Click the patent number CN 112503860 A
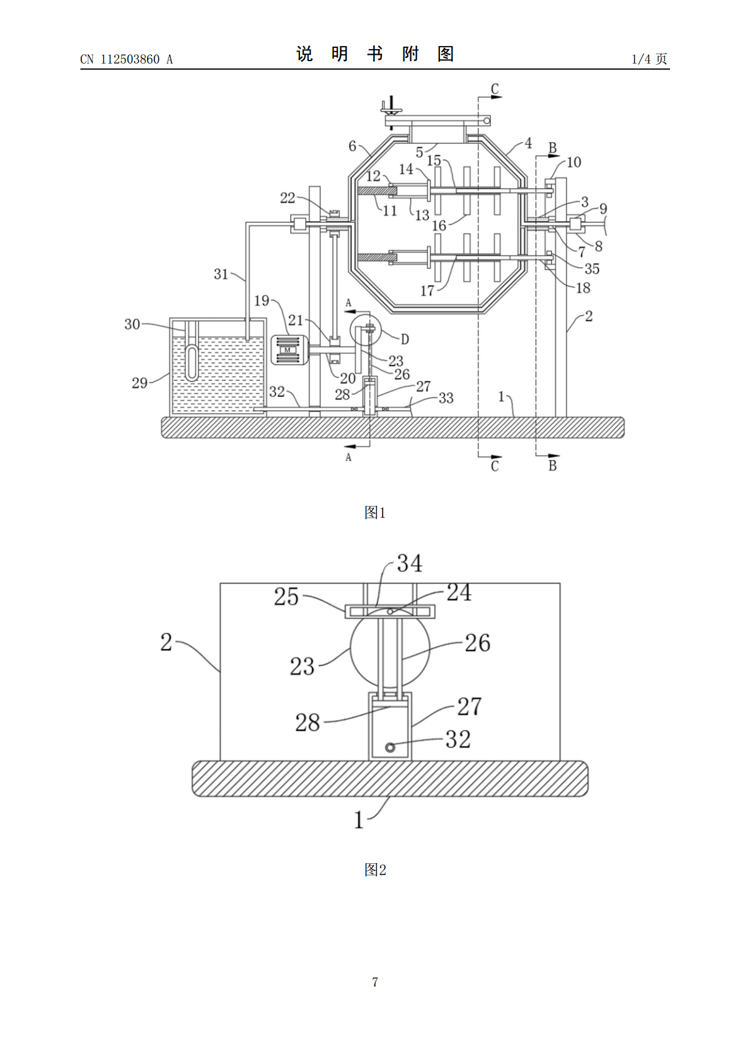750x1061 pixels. tap(126, 59)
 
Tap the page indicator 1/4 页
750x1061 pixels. tap(649, 59)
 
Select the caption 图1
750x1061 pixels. tap(375, 512)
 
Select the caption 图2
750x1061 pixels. tap(375, 869)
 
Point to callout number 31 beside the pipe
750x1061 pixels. tap(221, 274)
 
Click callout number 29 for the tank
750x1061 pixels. tap(139, 382)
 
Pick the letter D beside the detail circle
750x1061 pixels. tap(405, 339)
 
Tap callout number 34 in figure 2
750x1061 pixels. tap(410, 563)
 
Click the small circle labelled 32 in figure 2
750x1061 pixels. tap(390, 747)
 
